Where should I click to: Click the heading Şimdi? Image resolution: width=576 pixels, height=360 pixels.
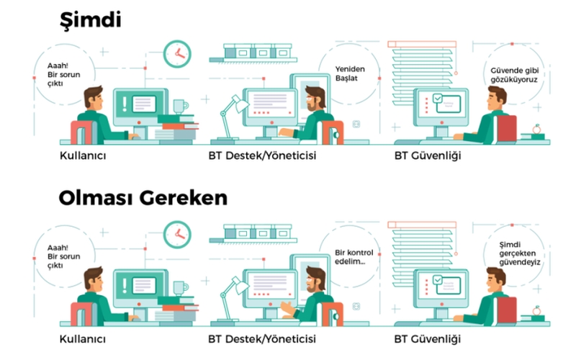click(89, 20)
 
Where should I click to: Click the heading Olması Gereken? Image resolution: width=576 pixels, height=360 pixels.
click(143, 198)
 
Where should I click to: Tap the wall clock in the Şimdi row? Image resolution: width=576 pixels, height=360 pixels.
click(176, 53)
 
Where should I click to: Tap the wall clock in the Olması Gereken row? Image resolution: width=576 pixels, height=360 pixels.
click(176, 233)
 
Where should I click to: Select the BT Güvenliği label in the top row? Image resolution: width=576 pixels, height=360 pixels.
click(428, 155)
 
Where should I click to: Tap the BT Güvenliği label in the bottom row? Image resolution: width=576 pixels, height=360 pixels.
click(428, 337)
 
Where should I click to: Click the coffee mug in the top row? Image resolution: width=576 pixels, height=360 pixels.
click(179, 107)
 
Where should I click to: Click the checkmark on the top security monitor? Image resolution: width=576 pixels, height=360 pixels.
click(437, 99)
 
